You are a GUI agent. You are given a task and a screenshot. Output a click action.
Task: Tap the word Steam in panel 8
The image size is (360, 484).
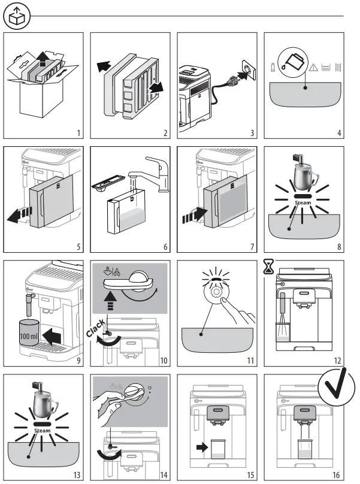click(x=304, y=203)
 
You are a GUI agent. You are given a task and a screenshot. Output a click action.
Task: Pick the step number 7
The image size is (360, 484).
click(x=250, y=246)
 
